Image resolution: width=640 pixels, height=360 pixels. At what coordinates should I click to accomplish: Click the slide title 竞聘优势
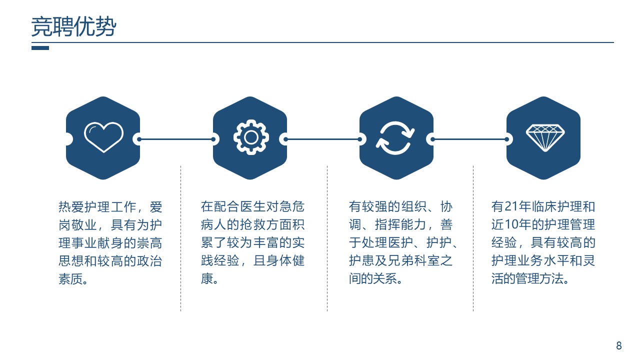[x=73, y=26]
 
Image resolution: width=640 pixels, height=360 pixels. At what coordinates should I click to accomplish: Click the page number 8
[x=619, y=345]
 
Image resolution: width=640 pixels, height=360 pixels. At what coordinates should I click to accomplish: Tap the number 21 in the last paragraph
[x=511, y=206]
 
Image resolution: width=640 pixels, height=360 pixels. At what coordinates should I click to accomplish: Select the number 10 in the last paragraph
[x=511, y=224]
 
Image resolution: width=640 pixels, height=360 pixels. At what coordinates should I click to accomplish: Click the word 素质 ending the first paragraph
[x=70, y=279]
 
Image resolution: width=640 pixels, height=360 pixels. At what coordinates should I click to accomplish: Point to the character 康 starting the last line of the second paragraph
[x=207, y=278]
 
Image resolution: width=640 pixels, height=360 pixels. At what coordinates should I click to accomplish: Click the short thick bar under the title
[x=40, y=48]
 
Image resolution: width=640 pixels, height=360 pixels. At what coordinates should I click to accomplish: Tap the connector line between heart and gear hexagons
[x=176, y=139]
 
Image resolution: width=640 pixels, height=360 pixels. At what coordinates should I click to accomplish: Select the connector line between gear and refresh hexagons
[x=323, y=139]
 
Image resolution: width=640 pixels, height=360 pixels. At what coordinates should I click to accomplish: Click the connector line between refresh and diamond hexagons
[x=469, y=139]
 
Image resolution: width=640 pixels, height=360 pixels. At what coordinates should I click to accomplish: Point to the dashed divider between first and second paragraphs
[x=181, y=238]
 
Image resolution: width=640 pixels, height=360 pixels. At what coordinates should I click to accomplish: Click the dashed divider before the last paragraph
[x=473, y=238]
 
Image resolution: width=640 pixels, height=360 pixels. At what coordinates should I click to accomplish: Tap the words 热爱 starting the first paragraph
[x=71, y=207]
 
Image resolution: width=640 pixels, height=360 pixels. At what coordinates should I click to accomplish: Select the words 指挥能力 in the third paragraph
[x=400, y=224]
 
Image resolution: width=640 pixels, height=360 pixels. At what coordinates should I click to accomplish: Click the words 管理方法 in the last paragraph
[x=539, y=278]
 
